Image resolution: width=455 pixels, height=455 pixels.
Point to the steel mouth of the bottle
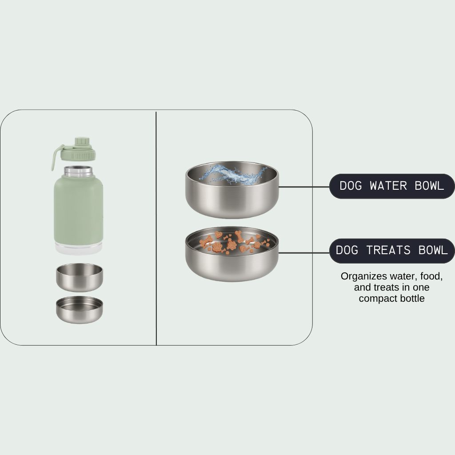(x=78, y=171)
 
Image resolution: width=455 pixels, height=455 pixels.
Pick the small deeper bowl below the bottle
(x=80, y=277)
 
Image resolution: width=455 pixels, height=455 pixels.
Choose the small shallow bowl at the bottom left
(x=80, y=310)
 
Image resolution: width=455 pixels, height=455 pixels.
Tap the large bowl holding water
(x=232, y=190)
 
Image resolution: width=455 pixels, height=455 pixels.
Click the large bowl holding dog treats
(x=232, y=254)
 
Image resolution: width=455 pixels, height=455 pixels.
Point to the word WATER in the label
(x=388, y=186)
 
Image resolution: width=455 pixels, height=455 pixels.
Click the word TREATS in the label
(x=388, y=251)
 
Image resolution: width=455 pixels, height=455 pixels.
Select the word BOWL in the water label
(x=430, y=186)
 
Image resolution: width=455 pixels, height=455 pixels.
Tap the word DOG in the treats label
(x=347, y=251)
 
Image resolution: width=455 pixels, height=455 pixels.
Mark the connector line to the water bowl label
(x=304, y=187)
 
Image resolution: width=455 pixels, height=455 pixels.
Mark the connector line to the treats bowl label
(x=304, y=253)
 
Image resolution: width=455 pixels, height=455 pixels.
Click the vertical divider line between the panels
(x=156, y=228)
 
